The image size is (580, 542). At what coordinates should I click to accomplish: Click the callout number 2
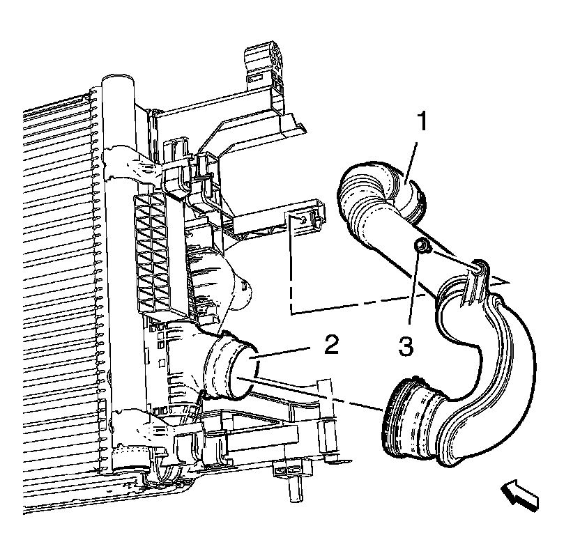331,346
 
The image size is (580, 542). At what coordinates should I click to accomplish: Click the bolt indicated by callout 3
421,246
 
